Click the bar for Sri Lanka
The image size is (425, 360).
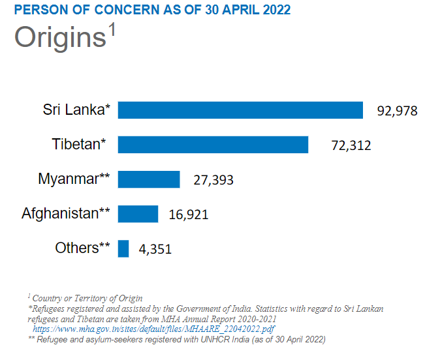coord(240,110)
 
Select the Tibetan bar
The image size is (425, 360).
coord(212,145)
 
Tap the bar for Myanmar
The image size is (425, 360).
coord(148,179)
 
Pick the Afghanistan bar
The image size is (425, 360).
coord(138,214)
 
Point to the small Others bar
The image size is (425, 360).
coord(123,248)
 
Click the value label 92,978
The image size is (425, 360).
coord(397,111)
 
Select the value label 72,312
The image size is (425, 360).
coord(351,145)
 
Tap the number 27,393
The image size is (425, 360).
coord(213,180)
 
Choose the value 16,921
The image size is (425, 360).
coord(189,215)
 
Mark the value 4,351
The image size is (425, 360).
coord(155,249)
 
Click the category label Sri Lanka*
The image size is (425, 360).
coord(77,110)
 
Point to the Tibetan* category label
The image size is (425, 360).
coord(79,144)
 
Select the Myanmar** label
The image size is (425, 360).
coord(74,179)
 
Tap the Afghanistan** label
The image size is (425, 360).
coord(66,213)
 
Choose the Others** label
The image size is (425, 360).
coord(82,248)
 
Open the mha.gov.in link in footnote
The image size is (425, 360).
coord(153,330)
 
